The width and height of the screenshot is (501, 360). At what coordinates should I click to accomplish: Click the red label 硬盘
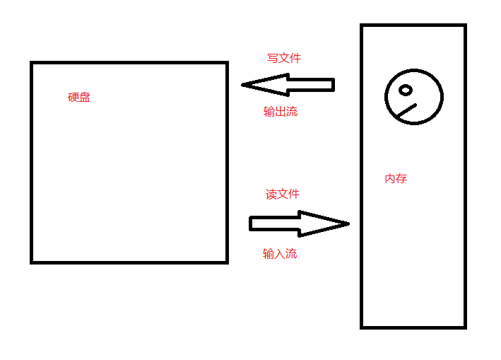[x=79, y=98]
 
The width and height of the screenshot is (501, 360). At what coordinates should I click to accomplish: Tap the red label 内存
[x=396, y=179]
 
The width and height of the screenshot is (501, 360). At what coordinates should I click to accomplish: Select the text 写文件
[x=284, y=58]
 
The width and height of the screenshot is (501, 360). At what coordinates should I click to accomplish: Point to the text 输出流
[x=281, y=112]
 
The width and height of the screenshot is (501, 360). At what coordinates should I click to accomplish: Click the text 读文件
[x=283, y=194]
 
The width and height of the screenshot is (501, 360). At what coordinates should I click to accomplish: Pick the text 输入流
[x=280, y=254]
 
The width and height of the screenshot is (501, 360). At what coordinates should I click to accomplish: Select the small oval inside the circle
[x=406, y=90]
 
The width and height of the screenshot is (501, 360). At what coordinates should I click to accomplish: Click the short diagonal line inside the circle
[x=406, y=111]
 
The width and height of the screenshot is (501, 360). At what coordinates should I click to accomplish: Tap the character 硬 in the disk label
[x=73, y=98]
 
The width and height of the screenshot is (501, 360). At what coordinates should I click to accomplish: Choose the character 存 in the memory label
[x=401, y=179]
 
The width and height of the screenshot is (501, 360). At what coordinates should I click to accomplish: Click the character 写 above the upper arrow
[x=273, y=58]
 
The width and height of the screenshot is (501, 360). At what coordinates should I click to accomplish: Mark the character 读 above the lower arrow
[x=271, y=194]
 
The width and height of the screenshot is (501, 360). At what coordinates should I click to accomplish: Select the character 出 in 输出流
[x=281, y=112]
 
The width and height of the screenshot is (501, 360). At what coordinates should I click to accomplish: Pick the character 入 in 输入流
[x=280, y=254]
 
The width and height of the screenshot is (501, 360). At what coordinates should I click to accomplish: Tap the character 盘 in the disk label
[x=85, y=98]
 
